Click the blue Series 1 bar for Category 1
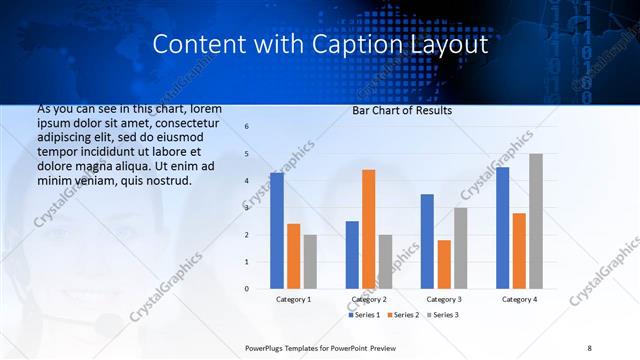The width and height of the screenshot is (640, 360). click(x=277, y=231)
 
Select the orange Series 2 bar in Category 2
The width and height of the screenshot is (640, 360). click(x=369, y=229)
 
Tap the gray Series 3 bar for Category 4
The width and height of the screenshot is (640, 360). click(x=536, y=221)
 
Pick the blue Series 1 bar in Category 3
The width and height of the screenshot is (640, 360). click(x=427, y=241)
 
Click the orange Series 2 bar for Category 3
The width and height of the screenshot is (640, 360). click(x=444, y=264)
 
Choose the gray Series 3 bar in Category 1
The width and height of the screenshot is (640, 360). click(x=310, y=262)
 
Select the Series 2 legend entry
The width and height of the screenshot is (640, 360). click(x=403, y=315)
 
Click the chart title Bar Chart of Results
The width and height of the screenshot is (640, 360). click(x=401, y=110)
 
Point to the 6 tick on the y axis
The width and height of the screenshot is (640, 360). click(x=247, y=127)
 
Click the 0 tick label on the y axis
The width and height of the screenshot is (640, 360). click(x=247, y=289)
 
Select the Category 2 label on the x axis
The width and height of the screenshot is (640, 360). click(x=368, y=299)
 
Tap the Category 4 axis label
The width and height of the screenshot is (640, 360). click(x=518, y=299)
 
